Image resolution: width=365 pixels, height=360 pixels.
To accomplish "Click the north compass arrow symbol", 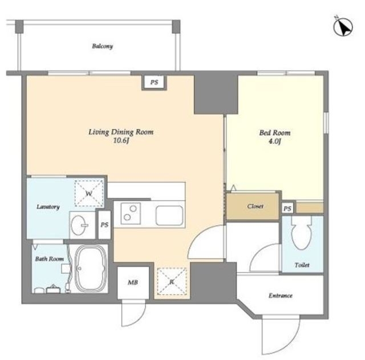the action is click(343, 27).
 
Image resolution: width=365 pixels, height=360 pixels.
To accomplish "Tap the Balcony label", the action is click(103, 46).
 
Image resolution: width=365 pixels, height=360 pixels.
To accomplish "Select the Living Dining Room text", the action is click(121, 132).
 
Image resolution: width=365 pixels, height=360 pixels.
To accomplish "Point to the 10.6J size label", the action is click(121, 141).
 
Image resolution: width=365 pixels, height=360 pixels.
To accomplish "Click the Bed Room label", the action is click(275, 133).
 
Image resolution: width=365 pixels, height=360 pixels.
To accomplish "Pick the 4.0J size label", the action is click(275, 141).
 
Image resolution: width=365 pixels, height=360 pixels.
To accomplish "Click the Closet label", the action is click(255, 206).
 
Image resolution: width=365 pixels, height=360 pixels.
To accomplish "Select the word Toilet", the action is click(302, 265).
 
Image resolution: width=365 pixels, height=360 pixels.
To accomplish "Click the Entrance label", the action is click(280, 296).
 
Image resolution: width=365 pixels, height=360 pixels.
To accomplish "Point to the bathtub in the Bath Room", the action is click(91, 269).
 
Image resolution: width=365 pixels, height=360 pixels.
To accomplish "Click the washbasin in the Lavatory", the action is click(79, 225).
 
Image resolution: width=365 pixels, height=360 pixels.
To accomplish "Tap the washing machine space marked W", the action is click(89, 193).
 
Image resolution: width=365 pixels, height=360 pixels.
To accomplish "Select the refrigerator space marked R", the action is click(172, 282).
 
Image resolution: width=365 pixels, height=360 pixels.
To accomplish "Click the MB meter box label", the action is click(133, 282).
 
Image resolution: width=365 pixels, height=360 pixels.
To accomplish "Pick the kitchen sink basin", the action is click(169, 216).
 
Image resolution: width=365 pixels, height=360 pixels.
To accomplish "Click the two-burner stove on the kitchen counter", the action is click(131, 213).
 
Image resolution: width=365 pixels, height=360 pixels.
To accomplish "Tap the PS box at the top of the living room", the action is click(154, 82).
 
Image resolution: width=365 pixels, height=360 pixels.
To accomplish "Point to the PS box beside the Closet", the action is click(287, 208).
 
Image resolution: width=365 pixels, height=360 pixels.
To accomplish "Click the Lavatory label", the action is click(48, 207).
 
